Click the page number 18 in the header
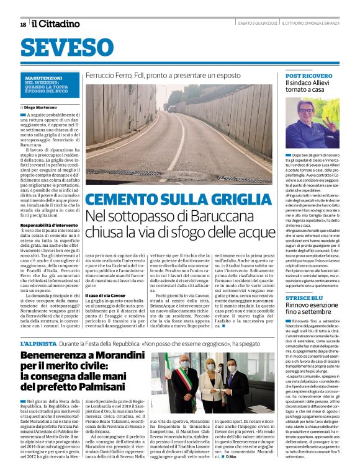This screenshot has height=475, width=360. pos(23,24)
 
